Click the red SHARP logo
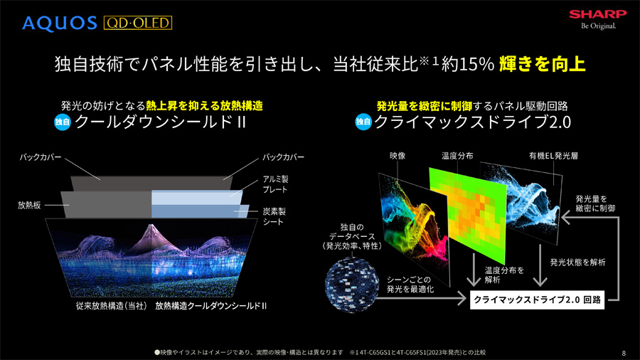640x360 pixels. pyautogui.click(x=598, y=14)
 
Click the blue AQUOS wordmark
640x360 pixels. pyautogui.click(x=60, y=23)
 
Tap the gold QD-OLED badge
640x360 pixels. pyautogui.click(x=138, y=23)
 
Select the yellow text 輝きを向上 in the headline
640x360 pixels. pyautogui.click(x=543, y=64)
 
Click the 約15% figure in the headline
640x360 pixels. pyautogui.click(x=468, y=65)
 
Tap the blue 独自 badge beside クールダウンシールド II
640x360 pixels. pyautogui.click(x=63, y=122)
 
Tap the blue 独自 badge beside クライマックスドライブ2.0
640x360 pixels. pyautogui.click(x=363, y=122)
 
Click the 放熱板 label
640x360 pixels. pyautogui.click(x=29, y=206)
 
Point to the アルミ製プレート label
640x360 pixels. pyautogui.click(x=275, y=184)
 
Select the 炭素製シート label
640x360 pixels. pyautogui.click(x=274, y=216)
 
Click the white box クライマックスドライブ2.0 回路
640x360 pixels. pyautogui.click(x=537, y=300)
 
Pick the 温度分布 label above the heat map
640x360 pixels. pyautogui.click(x=457, y=156)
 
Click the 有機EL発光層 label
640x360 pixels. pyautogui.click(x=553, y=156)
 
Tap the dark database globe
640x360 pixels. pyautogui.click(x=351, y=285)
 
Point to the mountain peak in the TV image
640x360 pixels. pyautogui.click(x=151, y=225)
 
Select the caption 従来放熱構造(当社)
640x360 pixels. pyautogui.click(x=112, y=306)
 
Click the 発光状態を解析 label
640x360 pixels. pyautogui.click(x=577, y=263)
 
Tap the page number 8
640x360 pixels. pyautogui.click(x=624, y=353)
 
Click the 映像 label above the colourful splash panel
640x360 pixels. pyautogui.click(x=397, y=156)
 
